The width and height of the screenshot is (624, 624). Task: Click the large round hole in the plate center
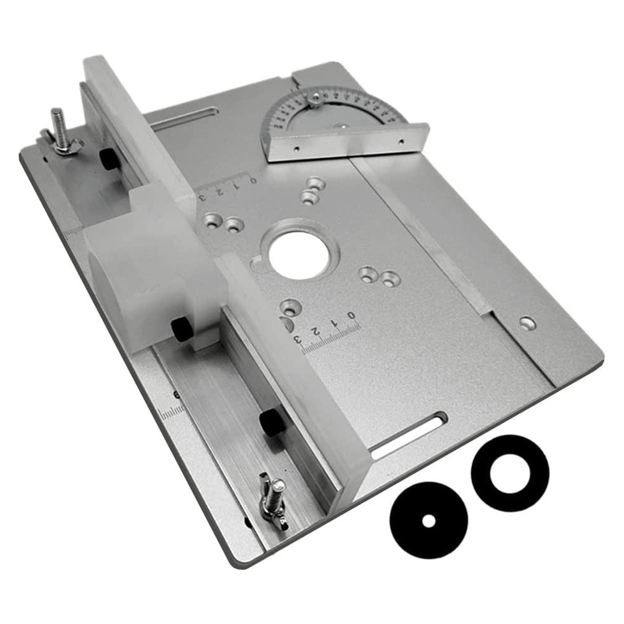[299, 254]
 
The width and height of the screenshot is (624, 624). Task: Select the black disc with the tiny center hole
[429, 521]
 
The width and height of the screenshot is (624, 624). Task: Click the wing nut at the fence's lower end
[273, 497]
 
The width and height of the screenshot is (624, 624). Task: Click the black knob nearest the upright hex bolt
[110, 160]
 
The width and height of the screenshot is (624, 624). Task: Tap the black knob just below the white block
[182, 328]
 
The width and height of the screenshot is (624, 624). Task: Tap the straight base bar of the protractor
[349, 143]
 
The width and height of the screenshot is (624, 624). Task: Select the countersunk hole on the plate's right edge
[527, 322]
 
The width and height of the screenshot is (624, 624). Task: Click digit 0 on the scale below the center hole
[353, 315]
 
